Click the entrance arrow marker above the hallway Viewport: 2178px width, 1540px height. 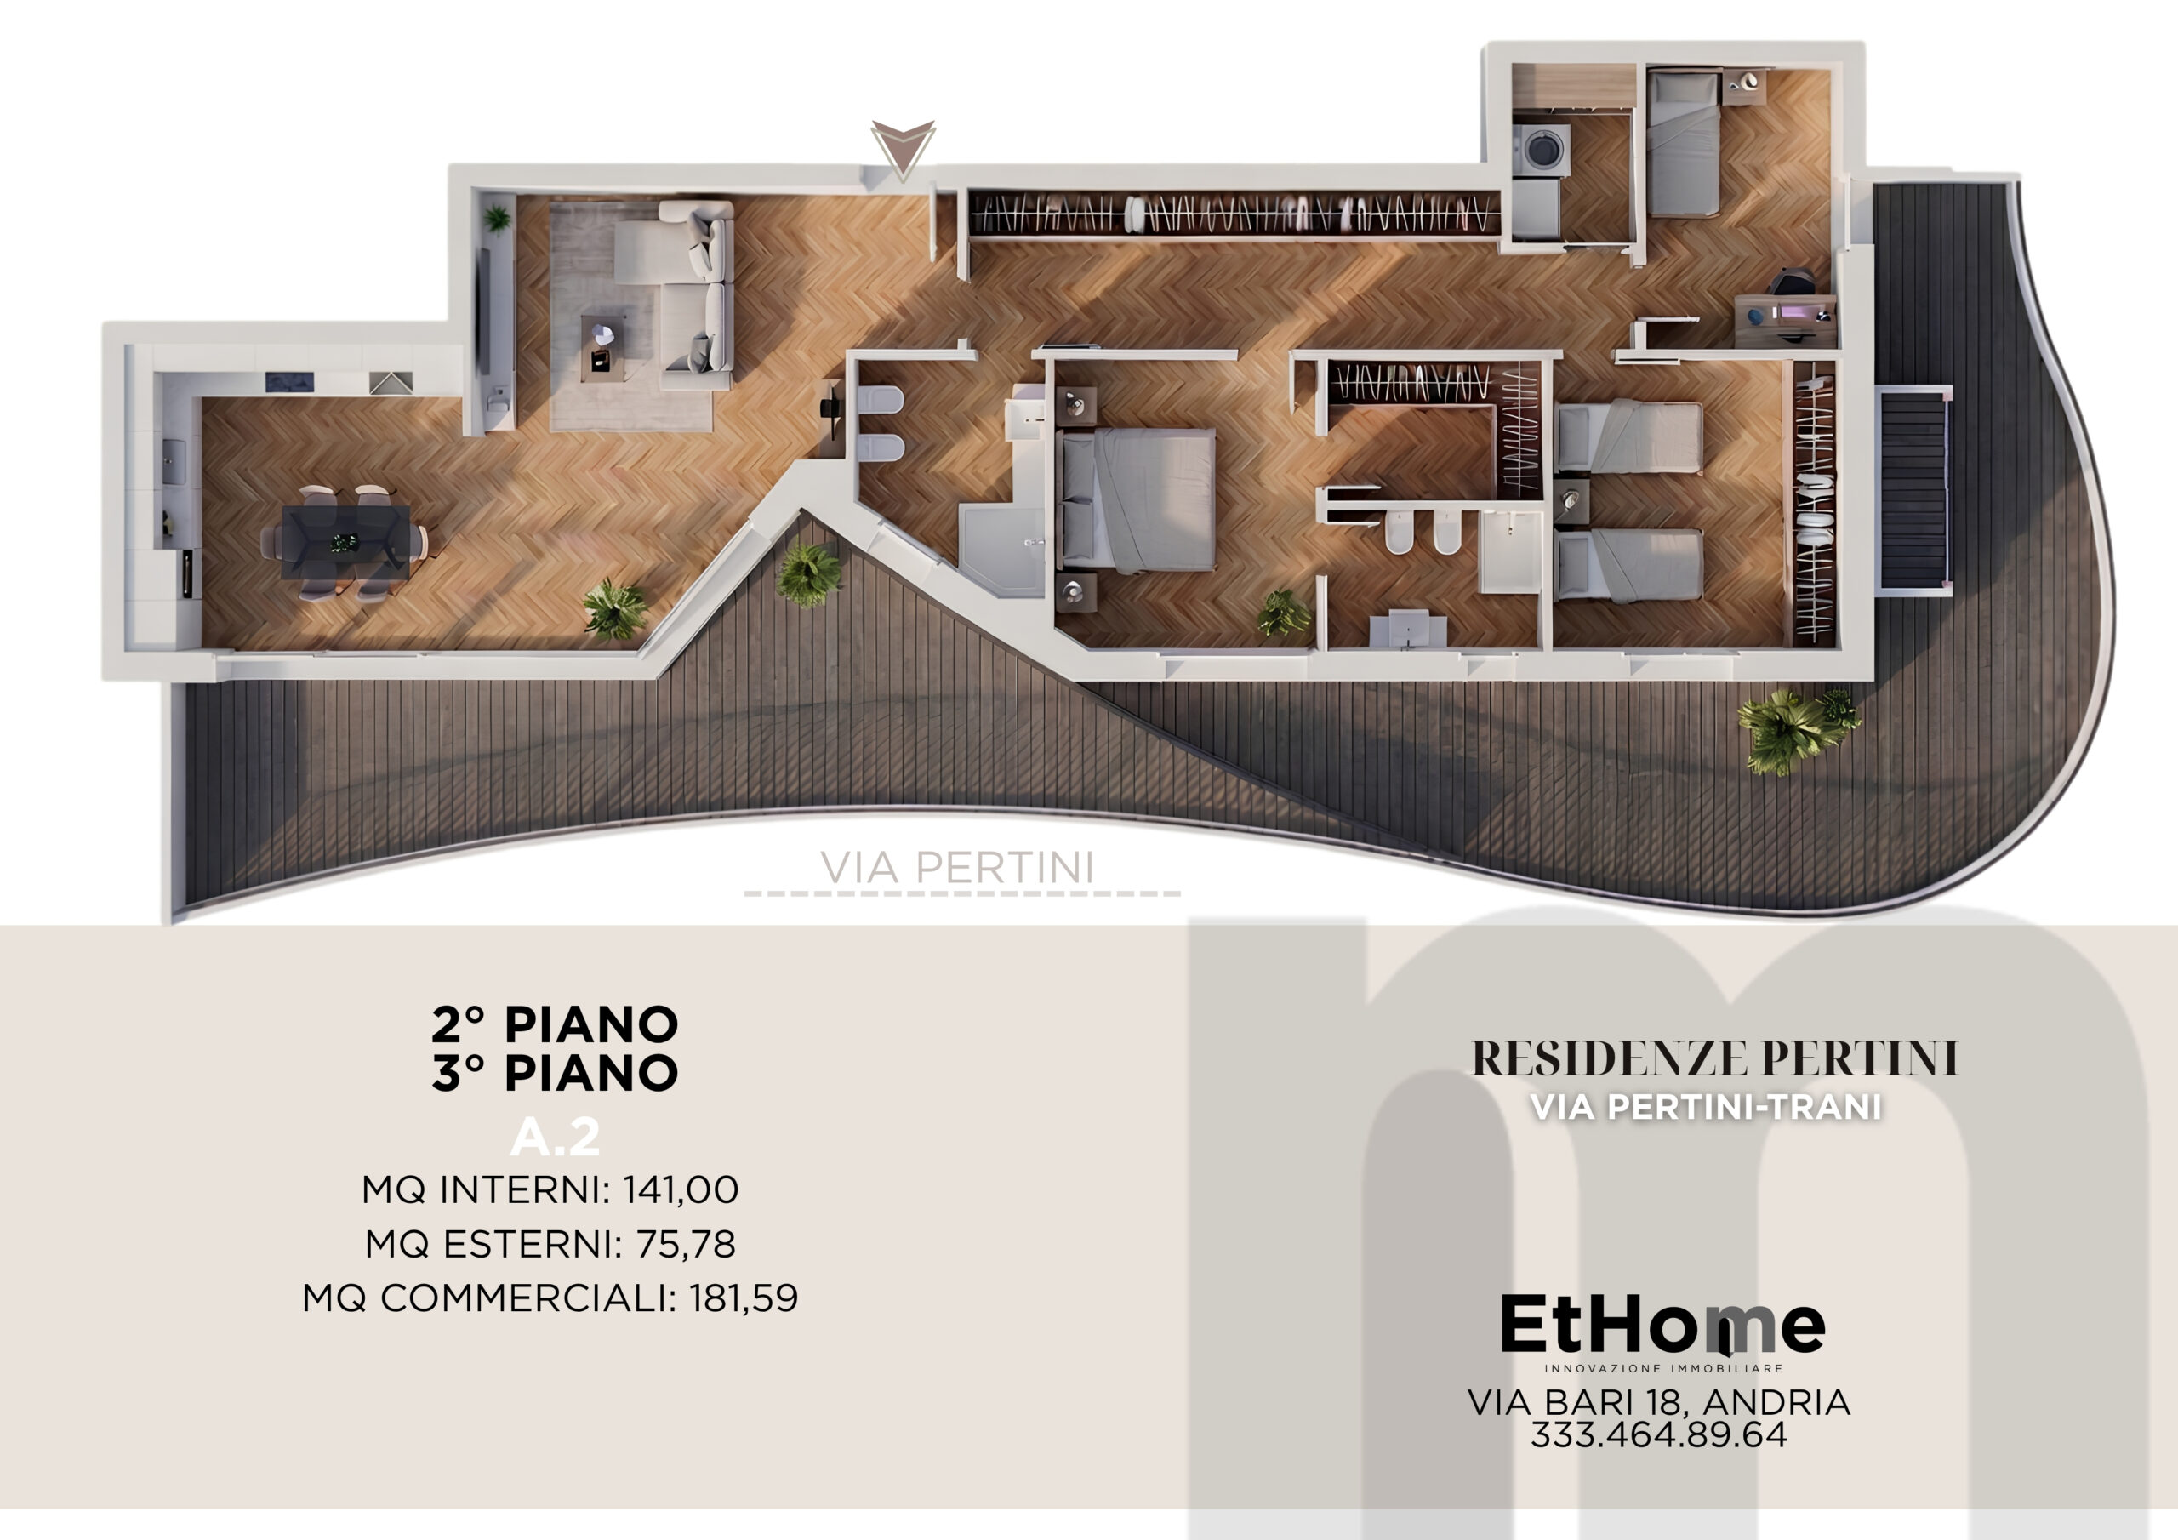[903, 148]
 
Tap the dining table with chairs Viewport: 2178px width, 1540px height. [345, 542]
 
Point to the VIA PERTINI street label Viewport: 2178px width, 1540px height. [957, 868]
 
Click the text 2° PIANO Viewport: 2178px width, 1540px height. [555, 1024]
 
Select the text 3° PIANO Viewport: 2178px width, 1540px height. [555, 1073]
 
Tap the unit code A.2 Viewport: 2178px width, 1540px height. [555, 1137]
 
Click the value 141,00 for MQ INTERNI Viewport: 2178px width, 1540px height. [680, 1189]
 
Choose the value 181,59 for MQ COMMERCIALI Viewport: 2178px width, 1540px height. [744, 1298]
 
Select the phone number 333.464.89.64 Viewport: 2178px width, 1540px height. [1659, 1434]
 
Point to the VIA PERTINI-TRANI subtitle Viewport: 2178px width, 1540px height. [1706, 1107]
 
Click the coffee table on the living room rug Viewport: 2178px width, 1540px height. [600, 345]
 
